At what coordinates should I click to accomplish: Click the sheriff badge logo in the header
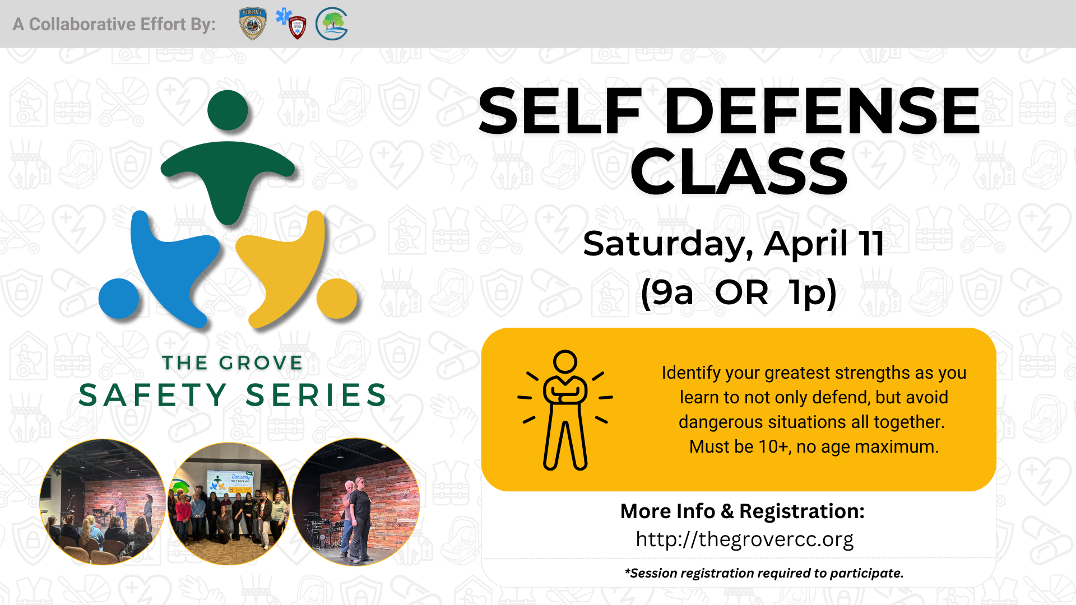tap(253, 24)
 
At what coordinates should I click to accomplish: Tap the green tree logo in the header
tap(332, 24)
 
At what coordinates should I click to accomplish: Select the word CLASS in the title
tap(739, 172)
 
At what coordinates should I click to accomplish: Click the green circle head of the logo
tap(228, 110)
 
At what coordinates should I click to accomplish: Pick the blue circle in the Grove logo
tap(119, 299)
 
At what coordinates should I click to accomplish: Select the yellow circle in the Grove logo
tap(337, 298)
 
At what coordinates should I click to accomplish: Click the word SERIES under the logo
tap(317, 395)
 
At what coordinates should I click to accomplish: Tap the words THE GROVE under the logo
tap(233, 363)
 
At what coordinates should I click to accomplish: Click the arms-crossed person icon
tap(565, 410)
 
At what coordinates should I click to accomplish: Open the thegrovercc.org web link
tap(744, 539)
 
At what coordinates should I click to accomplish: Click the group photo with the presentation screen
tap(229, 504)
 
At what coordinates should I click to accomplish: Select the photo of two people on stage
tap(356, 502)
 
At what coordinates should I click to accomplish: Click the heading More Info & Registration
tap(743, 511)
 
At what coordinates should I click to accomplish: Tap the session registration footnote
tap(764, 573)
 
